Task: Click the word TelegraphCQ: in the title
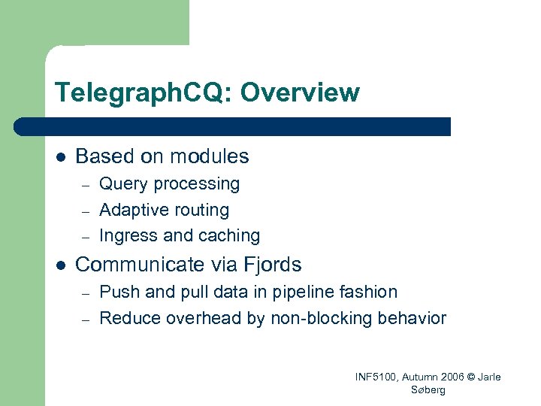(x=144, y=93)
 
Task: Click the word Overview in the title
(x=300, y=93)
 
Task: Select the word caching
(x=228, y=236)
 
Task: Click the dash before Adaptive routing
(x=86, y=211)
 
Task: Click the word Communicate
(x=140, y=265)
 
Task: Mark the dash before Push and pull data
(x=86, y=292)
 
